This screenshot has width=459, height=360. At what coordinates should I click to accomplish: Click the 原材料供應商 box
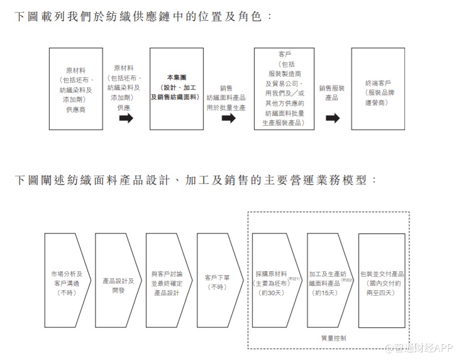(x=75, y=89)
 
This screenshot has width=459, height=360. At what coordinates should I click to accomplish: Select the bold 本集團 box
(x=177, y=89)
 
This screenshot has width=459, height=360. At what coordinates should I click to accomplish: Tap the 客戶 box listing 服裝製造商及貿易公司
(x=284, y=89)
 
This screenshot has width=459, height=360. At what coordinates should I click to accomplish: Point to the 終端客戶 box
(x=378, y=89)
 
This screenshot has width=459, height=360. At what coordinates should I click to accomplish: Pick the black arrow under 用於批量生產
(x=228, y=119)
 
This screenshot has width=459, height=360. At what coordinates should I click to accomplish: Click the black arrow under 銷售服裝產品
(x=333, y=118)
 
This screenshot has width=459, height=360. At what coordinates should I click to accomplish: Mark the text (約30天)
(x=271, y=293)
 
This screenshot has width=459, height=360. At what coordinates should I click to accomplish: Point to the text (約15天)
(x=326, y=293)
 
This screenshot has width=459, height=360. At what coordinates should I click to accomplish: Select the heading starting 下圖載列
(x=144, y=15)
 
